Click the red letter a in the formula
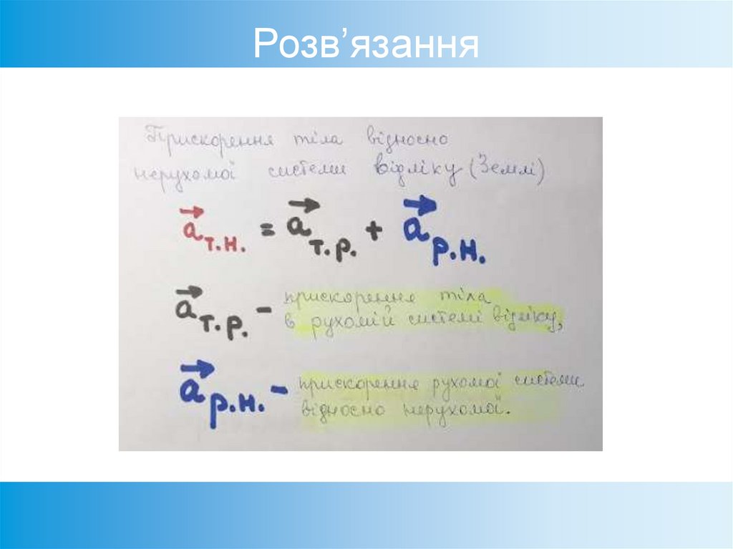pyautogui.click(x=190, y=230)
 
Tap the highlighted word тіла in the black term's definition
pyautogui.click(x=462, y=296)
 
